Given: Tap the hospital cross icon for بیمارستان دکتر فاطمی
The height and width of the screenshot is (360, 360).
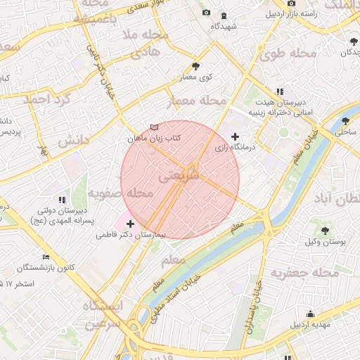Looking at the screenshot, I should tap(130, 224).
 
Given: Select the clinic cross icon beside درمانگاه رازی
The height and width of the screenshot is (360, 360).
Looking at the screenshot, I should tap(235, 136).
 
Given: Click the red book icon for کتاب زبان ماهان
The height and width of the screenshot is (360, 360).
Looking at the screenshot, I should tap(154, 128).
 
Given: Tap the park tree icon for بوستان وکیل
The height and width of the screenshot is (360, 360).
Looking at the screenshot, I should tap(325, 230).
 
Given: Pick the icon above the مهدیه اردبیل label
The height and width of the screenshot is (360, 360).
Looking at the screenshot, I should tap(311, 314).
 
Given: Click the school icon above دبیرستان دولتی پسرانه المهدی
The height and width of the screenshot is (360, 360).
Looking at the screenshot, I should tap(61, 199).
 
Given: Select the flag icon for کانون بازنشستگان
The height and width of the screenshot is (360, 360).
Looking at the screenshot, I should tap(46, 257).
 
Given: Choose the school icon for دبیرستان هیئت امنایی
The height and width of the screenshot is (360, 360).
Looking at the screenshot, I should tap(280, 91).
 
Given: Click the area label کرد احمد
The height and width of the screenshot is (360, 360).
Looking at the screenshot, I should tap(48, 99).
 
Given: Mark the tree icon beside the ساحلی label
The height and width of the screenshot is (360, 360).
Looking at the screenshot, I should tap(345, 120).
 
